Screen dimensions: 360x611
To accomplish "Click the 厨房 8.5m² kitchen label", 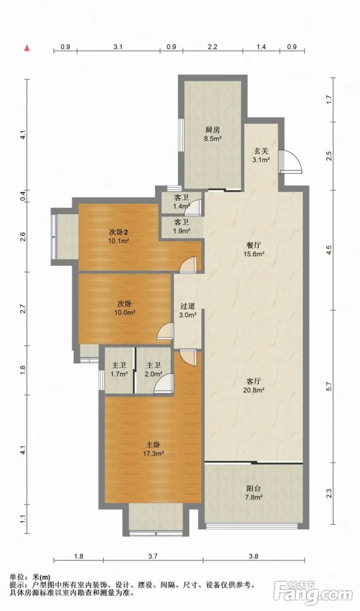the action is tap(213, 134).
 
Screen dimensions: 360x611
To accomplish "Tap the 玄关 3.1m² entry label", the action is tap(261, 155).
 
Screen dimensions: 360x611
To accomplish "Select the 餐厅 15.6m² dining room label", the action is tap(254, 250).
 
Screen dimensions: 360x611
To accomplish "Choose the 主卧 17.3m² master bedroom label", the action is tap(153, 449).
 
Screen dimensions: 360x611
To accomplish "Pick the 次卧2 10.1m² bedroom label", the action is tap(119, 237).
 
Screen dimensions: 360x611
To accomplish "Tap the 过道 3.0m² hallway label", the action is tap(188, 310).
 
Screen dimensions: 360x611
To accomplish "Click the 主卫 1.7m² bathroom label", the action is tap(119, 369).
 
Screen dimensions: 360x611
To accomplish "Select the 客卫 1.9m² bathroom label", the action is tap(182, 227).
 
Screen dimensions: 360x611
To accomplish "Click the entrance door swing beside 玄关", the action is tap(291, 162).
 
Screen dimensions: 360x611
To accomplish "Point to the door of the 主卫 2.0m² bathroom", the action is tap(164, 383).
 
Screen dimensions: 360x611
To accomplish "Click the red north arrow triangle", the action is tap(27, 48).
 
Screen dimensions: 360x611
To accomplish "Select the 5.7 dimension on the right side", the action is tap(329, 386).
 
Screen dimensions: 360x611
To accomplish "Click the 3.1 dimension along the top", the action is tap(118, 47).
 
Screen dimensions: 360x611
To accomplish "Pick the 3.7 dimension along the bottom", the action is tap(153, 556).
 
